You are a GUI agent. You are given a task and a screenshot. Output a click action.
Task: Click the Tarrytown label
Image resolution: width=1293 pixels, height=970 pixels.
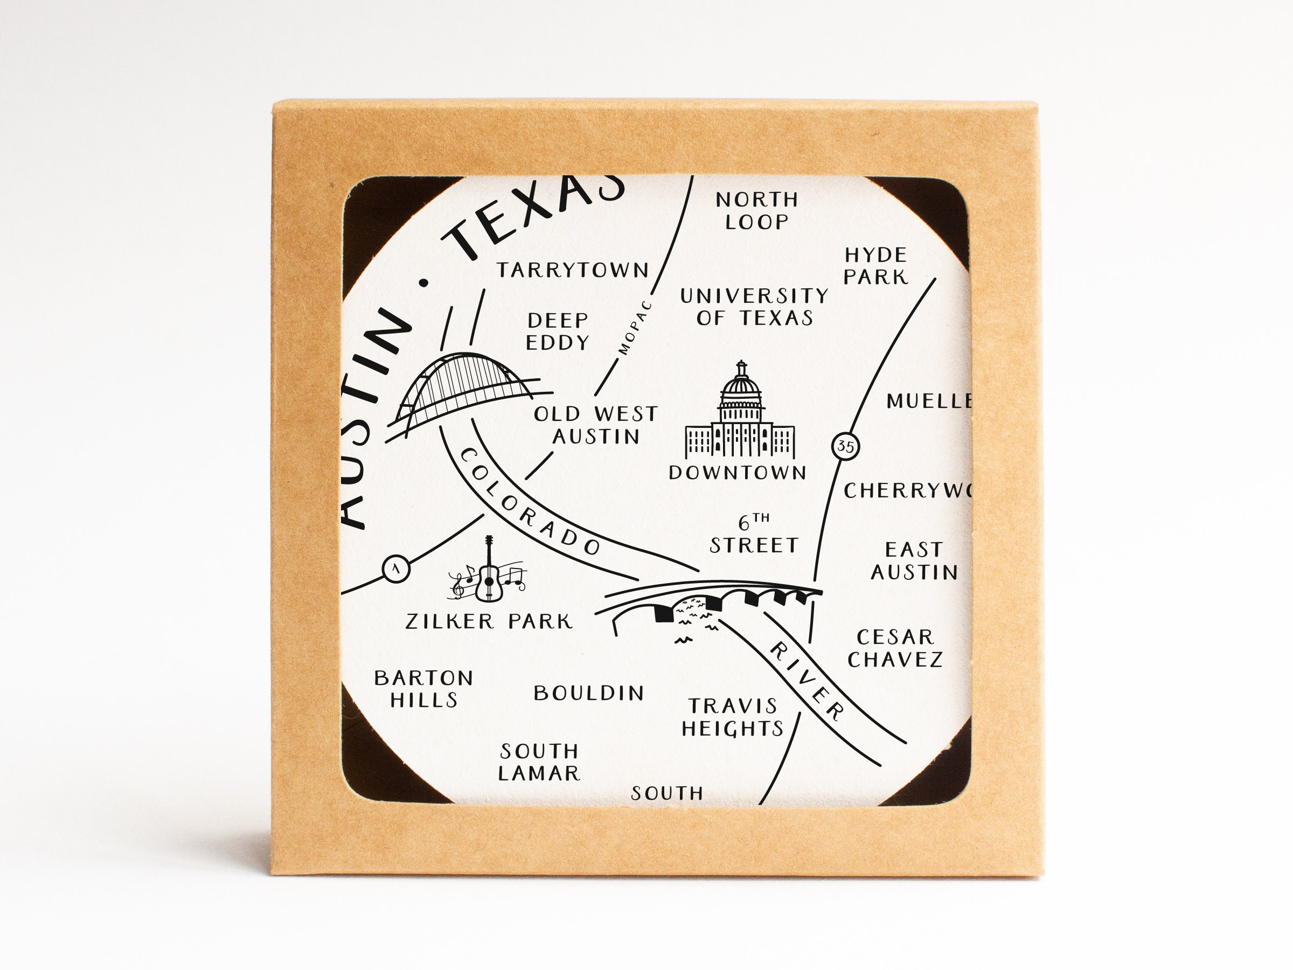[573, 270]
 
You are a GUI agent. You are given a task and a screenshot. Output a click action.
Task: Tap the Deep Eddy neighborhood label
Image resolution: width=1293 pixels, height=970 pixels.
[557, 331]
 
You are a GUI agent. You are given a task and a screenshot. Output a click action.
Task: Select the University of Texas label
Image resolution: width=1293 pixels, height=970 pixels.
[754, 307]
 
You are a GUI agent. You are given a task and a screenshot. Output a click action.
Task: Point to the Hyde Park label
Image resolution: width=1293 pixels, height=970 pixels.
[875, 266]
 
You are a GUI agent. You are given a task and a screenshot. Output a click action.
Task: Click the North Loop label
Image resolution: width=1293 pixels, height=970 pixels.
[757, 211]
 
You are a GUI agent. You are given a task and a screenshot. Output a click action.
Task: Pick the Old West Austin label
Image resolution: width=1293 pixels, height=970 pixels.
[596, 425]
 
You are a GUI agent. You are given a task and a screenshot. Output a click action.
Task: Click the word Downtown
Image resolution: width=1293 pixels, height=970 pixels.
[738, 473]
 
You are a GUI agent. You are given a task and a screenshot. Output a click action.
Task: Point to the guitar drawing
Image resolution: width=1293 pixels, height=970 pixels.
[489, 570]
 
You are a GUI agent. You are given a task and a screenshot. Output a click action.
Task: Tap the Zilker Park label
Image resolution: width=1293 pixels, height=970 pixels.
[489, 621]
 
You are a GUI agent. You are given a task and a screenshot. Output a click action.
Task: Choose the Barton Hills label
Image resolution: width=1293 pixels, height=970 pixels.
[424, 689]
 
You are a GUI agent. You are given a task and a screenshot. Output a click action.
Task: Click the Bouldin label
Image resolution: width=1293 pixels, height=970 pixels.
[589, 694]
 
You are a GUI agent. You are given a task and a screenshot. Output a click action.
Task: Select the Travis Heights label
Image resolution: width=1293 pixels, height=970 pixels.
[732, 717]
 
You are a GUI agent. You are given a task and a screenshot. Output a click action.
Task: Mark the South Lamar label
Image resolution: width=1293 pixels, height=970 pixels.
[539, 763]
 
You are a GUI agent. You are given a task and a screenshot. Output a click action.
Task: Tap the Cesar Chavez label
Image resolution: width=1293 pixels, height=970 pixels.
[895, 648]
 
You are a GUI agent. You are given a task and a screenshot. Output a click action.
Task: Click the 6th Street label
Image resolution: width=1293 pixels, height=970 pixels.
[754, 535]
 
